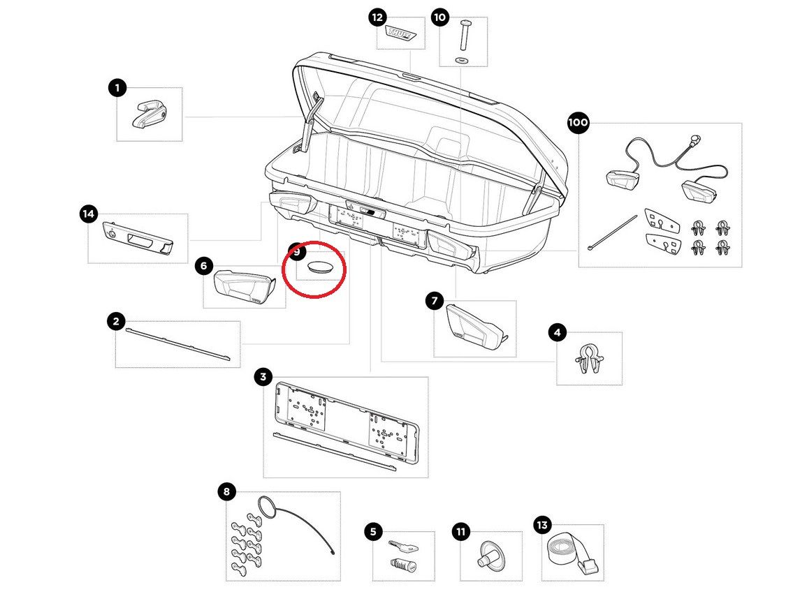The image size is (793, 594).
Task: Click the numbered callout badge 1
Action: [x=117, y=88]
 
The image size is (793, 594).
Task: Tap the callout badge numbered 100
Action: [x=578, y=124]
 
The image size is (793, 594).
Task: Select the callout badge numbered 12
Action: [x=378, y=17]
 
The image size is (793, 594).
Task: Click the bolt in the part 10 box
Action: [x=465, y=33]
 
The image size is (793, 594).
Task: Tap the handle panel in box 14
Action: [x=138, y=238]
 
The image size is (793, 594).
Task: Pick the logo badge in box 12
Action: [x=403, y=34]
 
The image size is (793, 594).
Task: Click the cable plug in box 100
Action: [x=694, y=142]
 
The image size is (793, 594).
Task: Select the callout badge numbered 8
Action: [x=226, y=492]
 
